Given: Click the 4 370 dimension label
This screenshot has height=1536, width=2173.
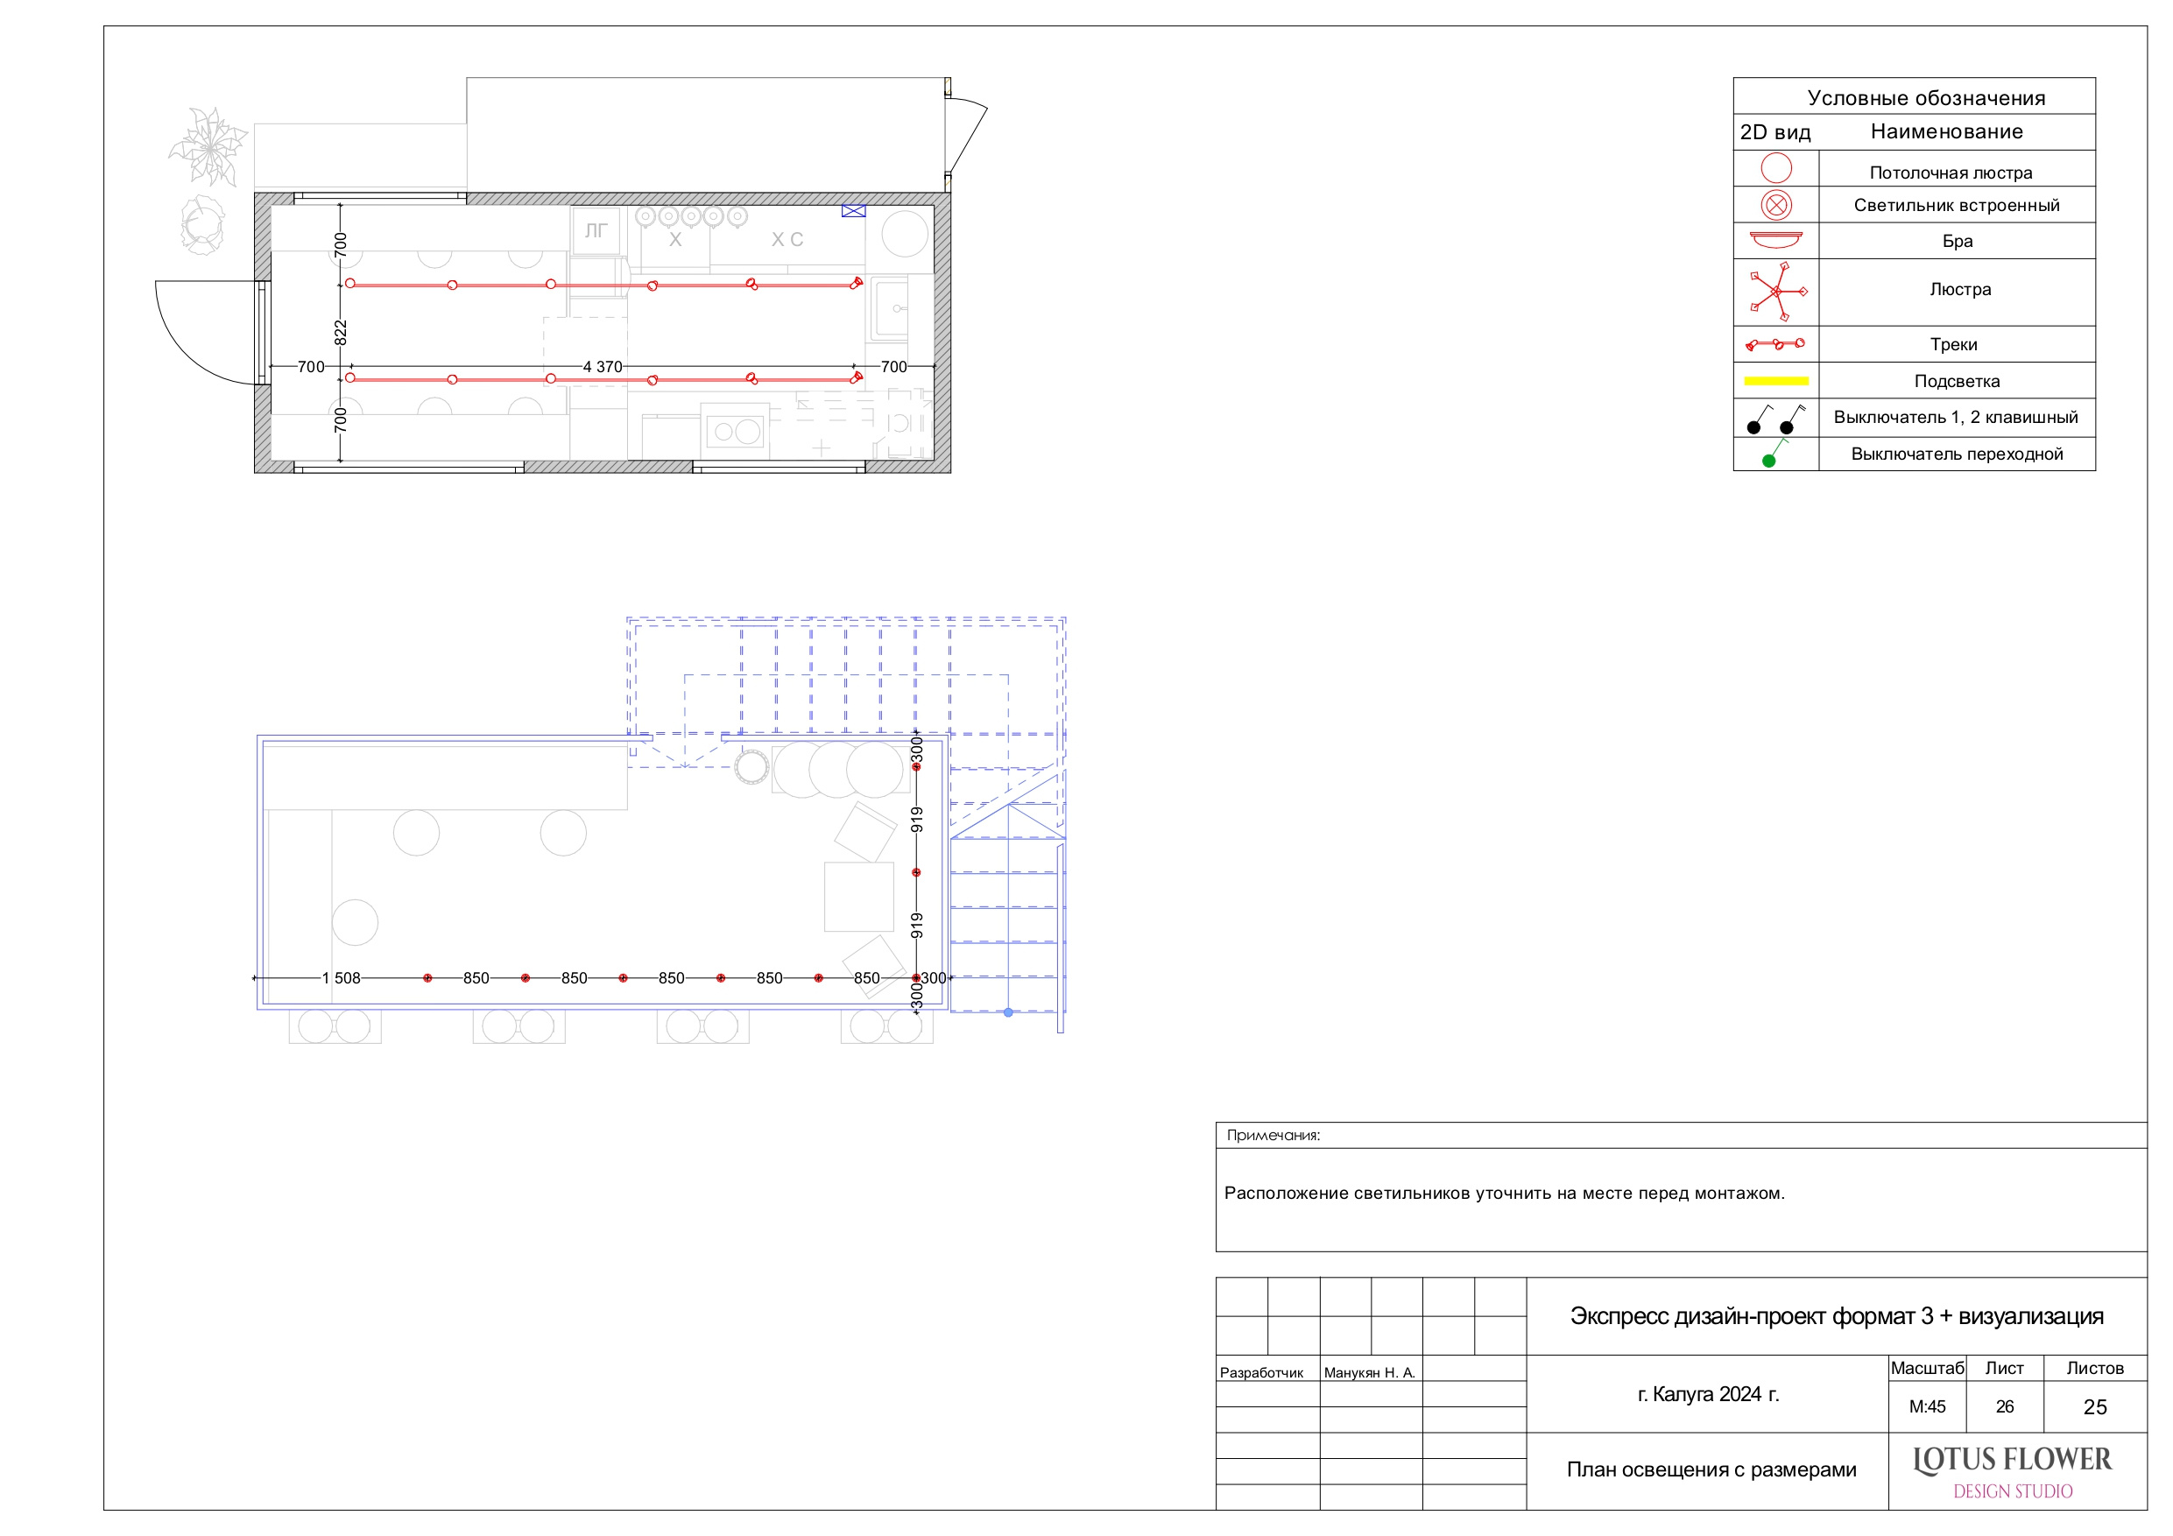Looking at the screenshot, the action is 603,366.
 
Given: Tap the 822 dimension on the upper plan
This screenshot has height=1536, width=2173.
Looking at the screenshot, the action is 341,332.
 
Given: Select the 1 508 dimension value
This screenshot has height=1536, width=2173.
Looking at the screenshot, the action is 341,977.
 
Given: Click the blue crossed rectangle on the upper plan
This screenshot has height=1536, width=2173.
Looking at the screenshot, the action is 854,211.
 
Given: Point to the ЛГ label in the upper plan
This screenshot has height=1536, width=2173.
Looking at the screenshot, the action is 596,230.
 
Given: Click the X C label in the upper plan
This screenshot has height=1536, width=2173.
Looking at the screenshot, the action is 787,239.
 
